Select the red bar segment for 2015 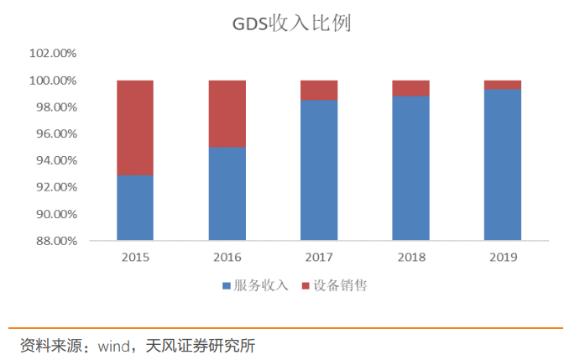pyautogui.click(x=135, y=128)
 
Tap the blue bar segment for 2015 pyautogui.click(x=135, y=208)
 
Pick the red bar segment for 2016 pyautogui.click(x=227, y=113)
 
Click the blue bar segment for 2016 pyautogui.click(x=227, y=194)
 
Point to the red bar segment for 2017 pyautogui.click(x=319, y=90)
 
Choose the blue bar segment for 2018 pyautogui.click(x=410, y=169)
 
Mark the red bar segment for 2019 pyautogui.click(x=502, y=84)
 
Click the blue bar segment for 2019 pyautogui.click(x=502, y=164)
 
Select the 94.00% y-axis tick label pyautogui.click(x=55, y=160)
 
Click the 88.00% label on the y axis pyautogui.click(x=55, y=241)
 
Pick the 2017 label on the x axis pyautogui.click(x=319, y=257)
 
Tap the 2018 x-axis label pyautogui.click(x=410, y=257)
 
